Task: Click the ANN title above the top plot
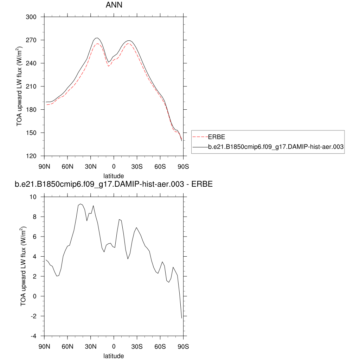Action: tap(114, 5)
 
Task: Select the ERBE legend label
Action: tap(217, 137)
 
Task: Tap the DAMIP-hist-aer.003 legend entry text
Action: tap(276, 147)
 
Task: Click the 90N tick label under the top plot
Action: tap(44, 166)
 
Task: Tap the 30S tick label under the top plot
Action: tap(137, 166)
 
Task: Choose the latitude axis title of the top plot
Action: tap(114, 175)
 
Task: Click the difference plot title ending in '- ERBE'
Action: tap(114, 184)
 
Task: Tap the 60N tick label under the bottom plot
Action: tap(67, 346)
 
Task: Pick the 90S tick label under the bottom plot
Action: tap(183, 346)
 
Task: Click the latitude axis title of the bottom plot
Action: tap(114, 356)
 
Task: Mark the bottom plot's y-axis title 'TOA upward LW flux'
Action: tap(24, 266)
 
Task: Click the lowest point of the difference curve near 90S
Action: tap(182, 318)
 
